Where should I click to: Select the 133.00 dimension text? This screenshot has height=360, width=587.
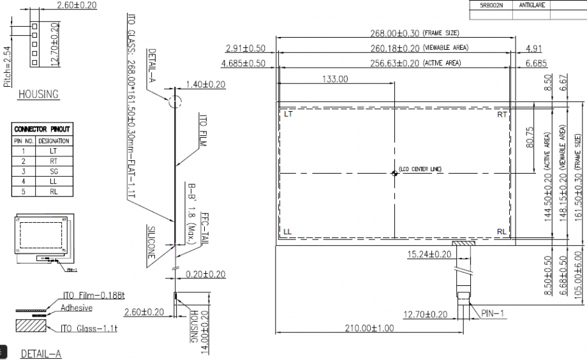pos(335,79)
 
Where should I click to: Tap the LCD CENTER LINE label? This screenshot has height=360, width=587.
pos(420,170)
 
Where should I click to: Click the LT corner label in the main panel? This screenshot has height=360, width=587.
pos(288,115)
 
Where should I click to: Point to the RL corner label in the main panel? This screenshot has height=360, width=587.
pos(502,232)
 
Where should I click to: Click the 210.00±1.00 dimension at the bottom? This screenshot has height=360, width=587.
pos(369,328)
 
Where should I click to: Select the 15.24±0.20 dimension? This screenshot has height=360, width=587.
pos(429,254)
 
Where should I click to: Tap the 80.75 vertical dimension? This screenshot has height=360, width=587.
pos(528,136)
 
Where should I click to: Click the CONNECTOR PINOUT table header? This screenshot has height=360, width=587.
pos(42,129)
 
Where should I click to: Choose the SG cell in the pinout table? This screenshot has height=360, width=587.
pos(54,171)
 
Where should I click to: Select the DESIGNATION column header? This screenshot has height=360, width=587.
pos(54,140)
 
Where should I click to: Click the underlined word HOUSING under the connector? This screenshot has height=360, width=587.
pos(38,94)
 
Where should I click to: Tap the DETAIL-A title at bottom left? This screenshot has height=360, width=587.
pos(41,353)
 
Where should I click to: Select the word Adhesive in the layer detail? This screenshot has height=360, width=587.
pos(77,308)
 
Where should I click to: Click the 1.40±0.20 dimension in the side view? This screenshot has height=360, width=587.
pos(205,84)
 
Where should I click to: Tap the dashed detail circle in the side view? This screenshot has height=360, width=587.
pos(175,102)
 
